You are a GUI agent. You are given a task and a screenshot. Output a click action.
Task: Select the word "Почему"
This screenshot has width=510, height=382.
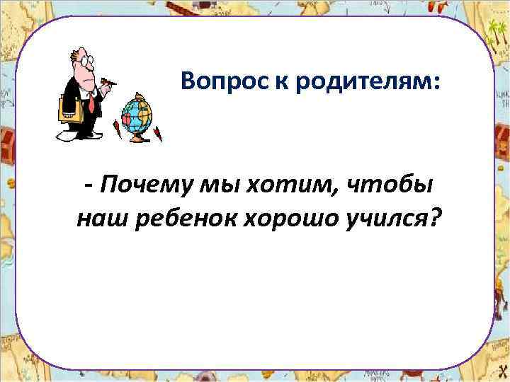(x=139, y=185)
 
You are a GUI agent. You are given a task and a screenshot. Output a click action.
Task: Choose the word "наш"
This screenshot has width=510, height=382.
(x=98, y=220)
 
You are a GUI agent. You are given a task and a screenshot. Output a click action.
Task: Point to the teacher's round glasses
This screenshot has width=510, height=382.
(x=85, y=62)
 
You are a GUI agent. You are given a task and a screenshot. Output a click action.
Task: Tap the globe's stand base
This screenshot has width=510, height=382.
(x=138, y=137)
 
